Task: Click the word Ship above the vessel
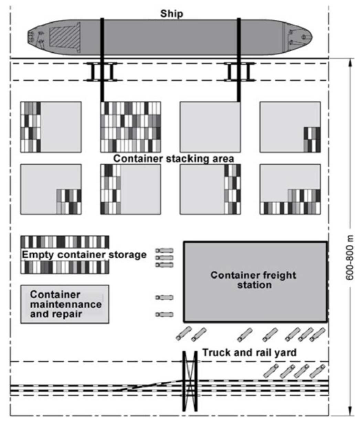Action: point(171,14)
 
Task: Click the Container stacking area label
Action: point(173,159)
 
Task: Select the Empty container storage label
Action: point(84,255)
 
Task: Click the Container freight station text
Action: point(254,280)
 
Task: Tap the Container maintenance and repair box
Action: point(65,304)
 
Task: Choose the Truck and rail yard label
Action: point(249,352)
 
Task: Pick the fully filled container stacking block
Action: point(130,127)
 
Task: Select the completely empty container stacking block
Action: point(210,127)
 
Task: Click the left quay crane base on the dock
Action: point(102,72)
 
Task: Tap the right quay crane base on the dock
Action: point(239,72)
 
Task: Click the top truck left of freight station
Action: point(165,251)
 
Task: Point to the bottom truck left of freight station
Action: point(165,314)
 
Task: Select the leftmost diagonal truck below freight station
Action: point(183,333)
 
